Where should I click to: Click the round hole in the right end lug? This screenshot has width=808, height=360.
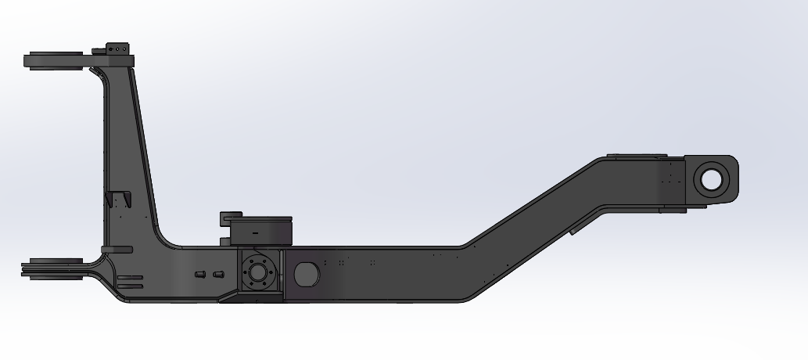point(711,178)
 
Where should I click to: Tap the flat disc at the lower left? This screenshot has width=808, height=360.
point(53,268)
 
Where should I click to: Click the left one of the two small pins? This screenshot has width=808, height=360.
point(199,273)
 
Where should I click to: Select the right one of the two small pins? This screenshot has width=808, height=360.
point(218,273)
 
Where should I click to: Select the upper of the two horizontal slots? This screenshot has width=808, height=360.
point(130,277)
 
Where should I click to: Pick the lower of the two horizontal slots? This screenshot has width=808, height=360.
point(130,286)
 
